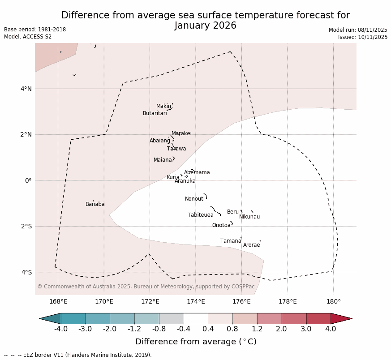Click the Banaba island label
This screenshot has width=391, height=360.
coord(95,204)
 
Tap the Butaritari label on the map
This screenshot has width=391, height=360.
coord(155,113)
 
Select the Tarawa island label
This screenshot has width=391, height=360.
coord(176,149)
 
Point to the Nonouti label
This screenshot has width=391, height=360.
coord(194,199)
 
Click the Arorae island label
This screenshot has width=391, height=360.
coord(251,245)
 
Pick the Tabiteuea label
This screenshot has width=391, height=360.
coord(200,215)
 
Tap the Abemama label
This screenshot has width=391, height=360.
coord(197,172)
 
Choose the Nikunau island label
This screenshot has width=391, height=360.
coord(249,217)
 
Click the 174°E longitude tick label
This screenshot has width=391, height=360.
coord(196,301)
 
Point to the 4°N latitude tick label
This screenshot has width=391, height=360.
coord(26,89)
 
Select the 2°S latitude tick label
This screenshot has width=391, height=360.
coord(26,226)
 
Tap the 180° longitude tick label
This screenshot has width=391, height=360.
coord(333,301)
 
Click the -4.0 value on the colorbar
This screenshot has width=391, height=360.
coord(61,329)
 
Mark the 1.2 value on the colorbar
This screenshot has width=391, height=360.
coord(257,329)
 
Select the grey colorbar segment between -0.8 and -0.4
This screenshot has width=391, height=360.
coord(171,318)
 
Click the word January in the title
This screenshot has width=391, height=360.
coord(194,26)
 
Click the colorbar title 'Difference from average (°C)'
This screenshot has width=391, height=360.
coord(196,342)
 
